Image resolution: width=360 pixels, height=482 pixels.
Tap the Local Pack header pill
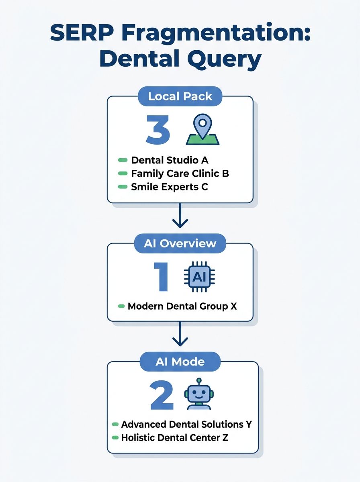(180, 96)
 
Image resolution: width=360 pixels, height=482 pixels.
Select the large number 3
(158, 130)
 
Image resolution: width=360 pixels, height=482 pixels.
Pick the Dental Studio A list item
(170, 160)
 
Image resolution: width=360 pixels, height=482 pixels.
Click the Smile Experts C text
(170, 187)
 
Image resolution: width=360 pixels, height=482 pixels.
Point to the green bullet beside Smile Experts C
(122, 187)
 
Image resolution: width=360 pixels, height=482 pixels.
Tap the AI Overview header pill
(180, 244)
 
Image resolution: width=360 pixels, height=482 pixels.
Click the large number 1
(161, 277)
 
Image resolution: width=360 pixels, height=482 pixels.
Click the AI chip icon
(199, 277)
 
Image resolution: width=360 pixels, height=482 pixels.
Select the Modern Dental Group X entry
(182, 306)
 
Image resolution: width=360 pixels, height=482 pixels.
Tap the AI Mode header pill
(180, 362)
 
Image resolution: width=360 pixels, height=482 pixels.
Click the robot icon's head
(199, 391)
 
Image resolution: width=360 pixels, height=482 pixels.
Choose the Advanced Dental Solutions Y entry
(186, 425)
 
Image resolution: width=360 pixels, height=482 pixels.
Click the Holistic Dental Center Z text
(174, 437)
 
